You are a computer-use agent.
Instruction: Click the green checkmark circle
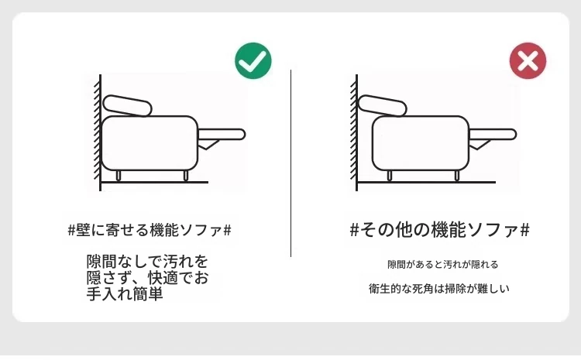pyautogui.click(x=253, y=60)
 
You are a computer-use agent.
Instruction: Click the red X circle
pyautogui.click(x=528, y=60)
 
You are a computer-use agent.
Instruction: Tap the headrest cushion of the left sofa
pyautogui.click(x=128, y=105)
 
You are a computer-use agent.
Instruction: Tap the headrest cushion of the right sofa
pyautogui.click(x=383, y=105)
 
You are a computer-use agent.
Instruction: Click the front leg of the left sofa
pyautogui.click(x=186, y=176)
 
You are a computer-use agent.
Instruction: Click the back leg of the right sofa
pyautogui.click(x=390, y=176)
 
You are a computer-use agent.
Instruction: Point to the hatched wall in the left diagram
pyautogui.click(x=97, y=132)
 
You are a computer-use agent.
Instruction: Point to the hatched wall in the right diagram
pyautogui.click(x=353, y=132)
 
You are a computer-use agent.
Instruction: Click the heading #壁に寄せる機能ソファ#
pyautogui.click(x=150, y=230)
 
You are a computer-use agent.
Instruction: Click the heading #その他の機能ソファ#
pyautogui.click(x=440, y=230)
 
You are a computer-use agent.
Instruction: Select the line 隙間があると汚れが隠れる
pyautogui.click(x=443, y=265)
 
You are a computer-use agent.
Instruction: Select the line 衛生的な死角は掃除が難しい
pyautogui.click(x=439, y=289)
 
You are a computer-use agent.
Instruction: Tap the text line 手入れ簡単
pyautogui.click(x=125, y=294)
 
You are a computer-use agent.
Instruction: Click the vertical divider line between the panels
pyautogui.click(x=290, y=163)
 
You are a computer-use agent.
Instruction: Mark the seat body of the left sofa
pyautogui.click(x=150, y=143)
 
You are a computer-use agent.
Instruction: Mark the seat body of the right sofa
pyautogui.click(x=421, y=143)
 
